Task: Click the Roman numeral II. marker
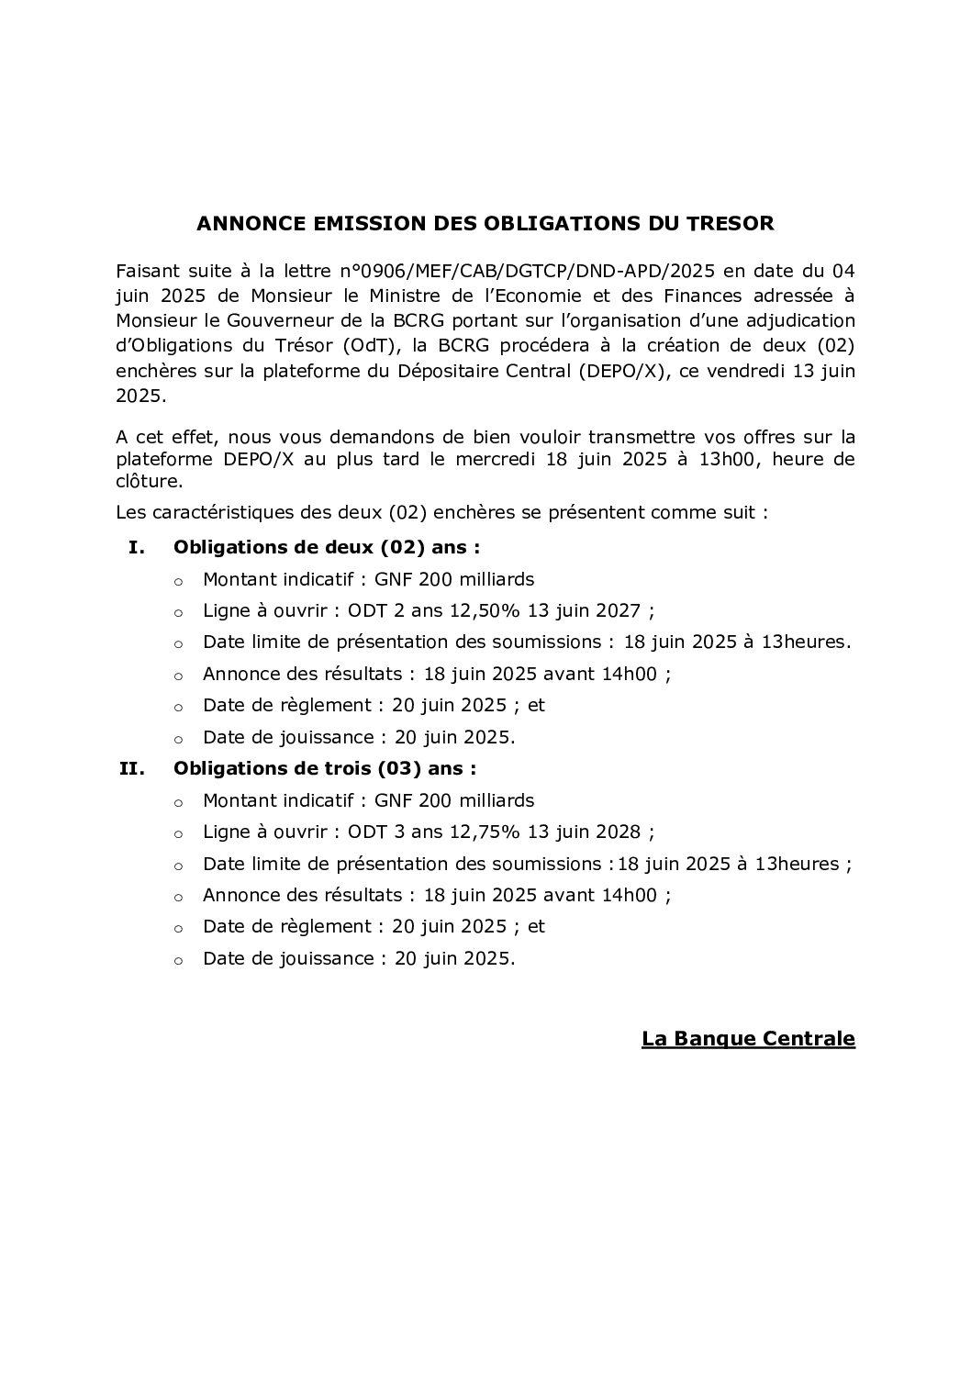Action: tap(132, 768)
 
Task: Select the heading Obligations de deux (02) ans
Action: tap(327, 548)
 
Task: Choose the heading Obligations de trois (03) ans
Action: tap(325, 768)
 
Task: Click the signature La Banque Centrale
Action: tap(748, 1039)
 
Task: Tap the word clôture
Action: tap(150, 481)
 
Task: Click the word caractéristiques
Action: tap(226, 512)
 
